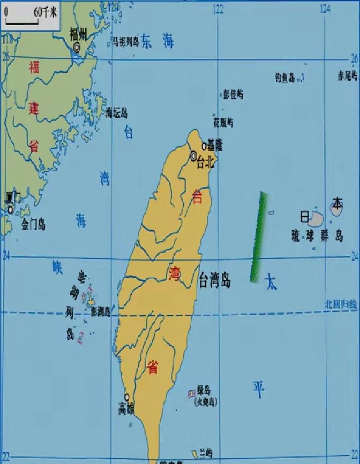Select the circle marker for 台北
point(193,156)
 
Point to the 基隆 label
point(215,146)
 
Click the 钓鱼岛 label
point(284,78)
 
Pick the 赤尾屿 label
point(347,76)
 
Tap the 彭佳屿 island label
point(233,95)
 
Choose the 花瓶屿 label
point(223,122)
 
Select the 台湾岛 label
point(214,279)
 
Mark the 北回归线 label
point(340,304)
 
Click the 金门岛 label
point(33,225)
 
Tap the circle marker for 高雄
point(127,397)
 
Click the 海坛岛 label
point(116,113)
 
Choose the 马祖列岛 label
point(125,42)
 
